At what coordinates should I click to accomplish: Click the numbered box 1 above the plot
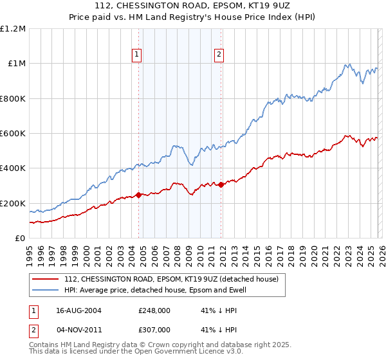[x=138, y=55]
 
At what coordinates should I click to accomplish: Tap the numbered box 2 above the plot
[x=219, y=55]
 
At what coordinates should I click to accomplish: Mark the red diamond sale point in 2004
[x=138, y=195]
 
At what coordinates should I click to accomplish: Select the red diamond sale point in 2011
[x=221, y=184]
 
